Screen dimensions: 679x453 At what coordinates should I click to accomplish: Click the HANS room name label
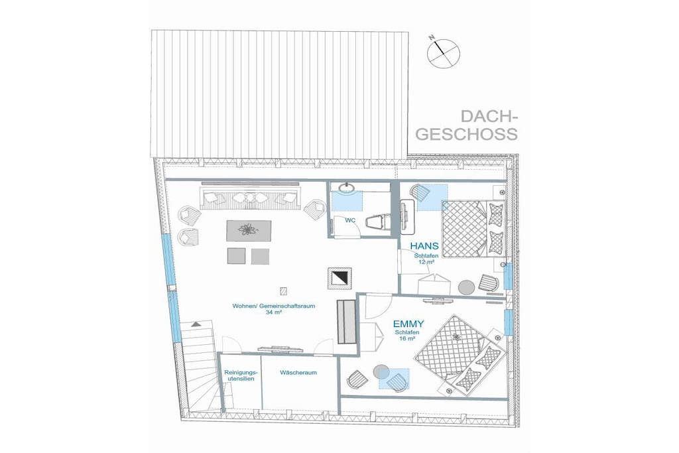click(424, 246)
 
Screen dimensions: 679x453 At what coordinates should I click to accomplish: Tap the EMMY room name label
click(408, 324)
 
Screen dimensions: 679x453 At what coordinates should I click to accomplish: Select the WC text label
click(350, 220)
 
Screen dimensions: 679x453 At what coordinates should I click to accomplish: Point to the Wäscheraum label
click(298, 373)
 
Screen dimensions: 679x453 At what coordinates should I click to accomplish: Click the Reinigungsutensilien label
click(241, 375)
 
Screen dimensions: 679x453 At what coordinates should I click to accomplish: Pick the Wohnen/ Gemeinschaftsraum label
click(274, 306)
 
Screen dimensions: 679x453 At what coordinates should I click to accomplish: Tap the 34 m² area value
click(274, 312)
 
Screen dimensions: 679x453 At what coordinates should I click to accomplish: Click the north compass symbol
click(443, 53)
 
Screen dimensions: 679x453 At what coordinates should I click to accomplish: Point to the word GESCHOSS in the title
click(469, 134)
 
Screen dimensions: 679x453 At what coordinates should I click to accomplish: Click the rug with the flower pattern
click(249, 231)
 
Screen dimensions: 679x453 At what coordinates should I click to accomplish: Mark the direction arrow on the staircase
click(196, 323)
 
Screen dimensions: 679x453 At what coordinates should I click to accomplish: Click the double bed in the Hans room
click(473, 228)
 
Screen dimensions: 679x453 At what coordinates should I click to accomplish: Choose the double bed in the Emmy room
click(462, 354)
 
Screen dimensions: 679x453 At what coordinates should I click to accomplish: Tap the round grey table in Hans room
click(466, 287)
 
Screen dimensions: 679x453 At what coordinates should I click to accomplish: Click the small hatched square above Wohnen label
click(284, 291)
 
